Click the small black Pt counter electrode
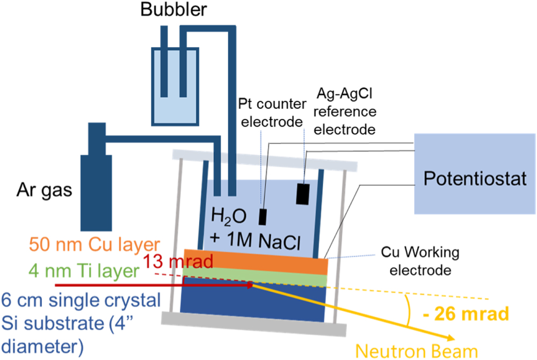point(263,216)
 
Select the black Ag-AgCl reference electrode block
point(302,194)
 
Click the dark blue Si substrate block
point(252,300)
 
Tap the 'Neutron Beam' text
point(417,351)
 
